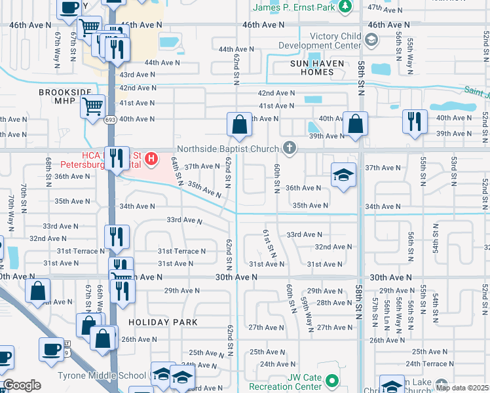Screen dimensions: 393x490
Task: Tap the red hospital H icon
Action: click(152, 158)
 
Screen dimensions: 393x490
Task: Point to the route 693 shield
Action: click(111, 120)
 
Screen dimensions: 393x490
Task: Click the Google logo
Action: click(22, 385)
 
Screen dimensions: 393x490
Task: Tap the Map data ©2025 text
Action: click(462, 387)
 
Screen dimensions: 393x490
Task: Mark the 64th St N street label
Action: click(176, 170)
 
